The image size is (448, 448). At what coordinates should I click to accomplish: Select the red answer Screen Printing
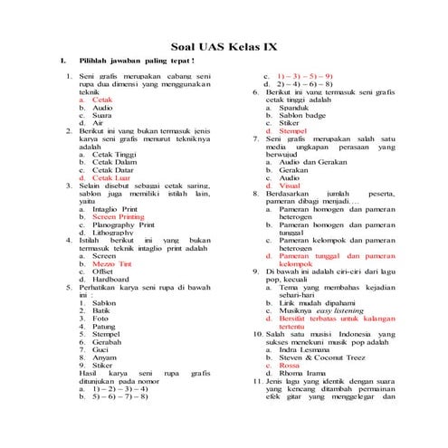pyautogui.click(x=118, y=217)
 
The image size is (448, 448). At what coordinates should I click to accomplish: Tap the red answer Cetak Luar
pyautogui.click(x=110, y=178)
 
